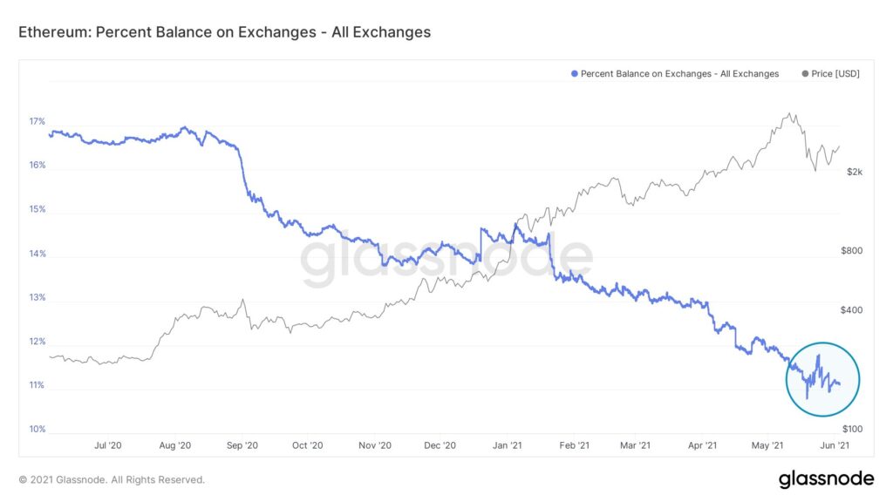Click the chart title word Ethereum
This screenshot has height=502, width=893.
coord(53,32)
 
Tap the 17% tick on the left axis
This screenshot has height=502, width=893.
coord(37,121)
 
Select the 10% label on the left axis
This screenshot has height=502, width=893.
coord(37,429)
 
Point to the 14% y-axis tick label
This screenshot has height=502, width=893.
coord(37,254)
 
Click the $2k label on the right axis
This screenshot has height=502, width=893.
coord(855,172)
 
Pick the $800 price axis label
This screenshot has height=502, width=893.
coord(851,250)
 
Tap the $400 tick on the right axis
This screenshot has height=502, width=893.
coord(851,310)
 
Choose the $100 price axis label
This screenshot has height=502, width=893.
coord(853,429)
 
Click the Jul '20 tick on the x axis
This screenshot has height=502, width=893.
coord(107,445)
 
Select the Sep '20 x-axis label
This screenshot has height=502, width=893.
coord(242,445)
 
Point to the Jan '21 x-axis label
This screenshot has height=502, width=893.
coord(507,445)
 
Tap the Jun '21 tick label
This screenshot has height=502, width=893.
coord(835,445)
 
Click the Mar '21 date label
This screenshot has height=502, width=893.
coord(635,445)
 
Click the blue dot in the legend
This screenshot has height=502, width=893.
coord(575,73)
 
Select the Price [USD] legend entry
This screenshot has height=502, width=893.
coord(830,73)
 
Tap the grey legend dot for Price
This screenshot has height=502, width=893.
coord(805,73)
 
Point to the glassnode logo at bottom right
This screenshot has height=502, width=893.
coord(827,479)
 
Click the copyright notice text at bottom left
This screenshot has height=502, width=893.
coord(112,480)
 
